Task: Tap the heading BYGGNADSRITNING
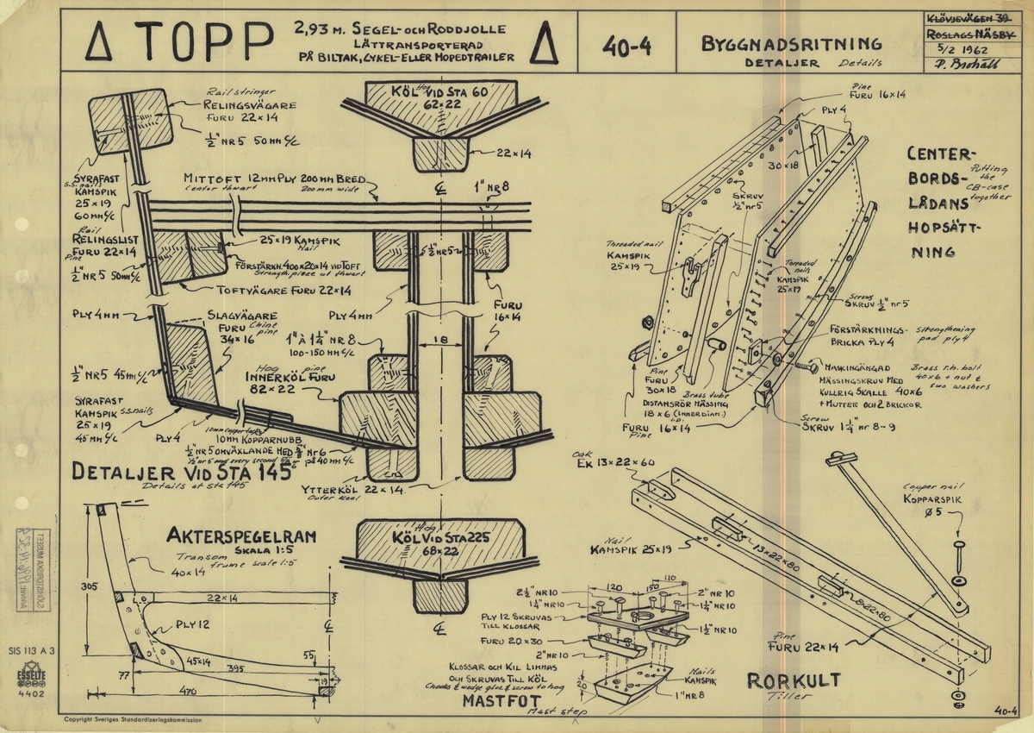point(791,44)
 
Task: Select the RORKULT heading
point(793,680)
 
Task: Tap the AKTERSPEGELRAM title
point(241,536)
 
